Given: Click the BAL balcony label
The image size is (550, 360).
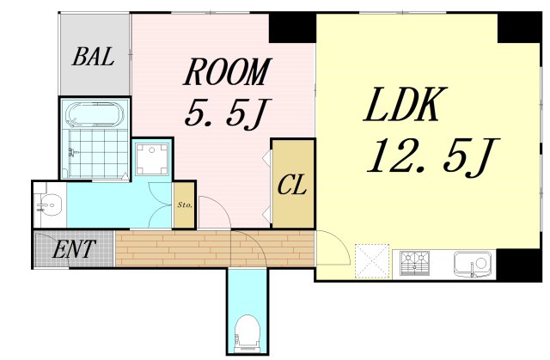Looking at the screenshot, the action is coord(94,57).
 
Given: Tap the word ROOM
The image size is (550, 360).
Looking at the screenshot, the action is coord(228,72).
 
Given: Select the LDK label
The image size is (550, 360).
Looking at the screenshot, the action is coord(405,104).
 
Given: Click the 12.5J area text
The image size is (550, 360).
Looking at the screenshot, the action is coord(433,156).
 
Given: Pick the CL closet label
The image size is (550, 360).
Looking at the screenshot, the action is coord(292,185).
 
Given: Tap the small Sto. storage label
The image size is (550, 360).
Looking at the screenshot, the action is coord(185,204).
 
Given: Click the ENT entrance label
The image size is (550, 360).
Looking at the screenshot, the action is coord(74,248).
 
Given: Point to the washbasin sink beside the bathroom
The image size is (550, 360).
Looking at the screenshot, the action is coord(50,204).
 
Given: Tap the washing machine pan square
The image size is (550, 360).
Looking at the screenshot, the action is coord(152,159).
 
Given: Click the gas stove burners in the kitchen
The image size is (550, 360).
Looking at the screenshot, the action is coord(414,263).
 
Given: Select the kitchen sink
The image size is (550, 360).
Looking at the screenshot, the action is coord(472,264).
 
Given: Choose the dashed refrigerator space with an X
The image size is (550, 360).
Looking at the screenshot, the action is coord(372,261).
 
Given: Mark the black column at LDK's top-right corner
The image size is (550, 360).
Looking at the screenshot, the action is coord(520,27).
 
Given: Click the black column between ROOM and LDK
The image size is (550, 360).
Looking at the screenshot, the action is coord(292,27).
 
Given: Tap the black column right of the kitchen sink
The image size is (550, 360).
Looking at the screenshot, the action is coord(519,265).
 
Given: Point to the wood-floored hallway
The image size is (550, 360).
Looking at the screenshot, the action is coord(214,248).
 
